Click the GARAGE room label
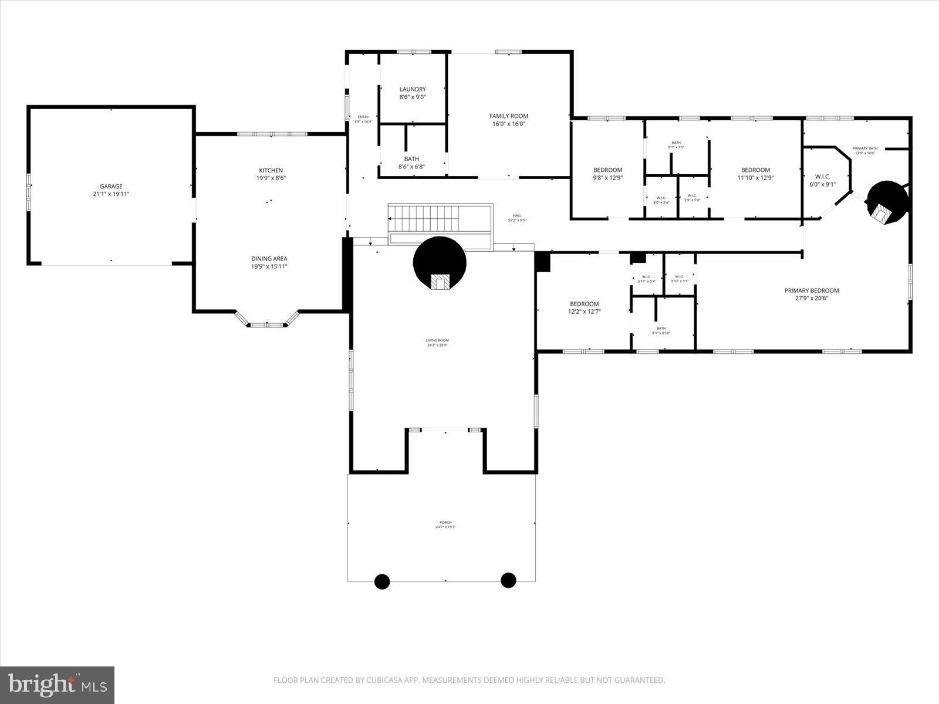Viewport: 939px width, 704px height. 111,187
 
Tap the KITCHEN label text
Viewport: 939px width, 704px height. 271,171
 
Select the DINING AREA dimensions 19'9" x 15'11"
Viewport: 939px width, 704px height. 269,266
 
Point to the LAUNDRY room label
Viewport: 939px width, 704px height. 412,90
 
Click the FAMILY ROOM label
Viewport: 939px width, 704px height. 509,116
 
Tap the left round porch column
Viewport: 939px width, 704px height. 382,581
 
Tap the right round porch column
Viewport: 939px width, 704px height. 508,580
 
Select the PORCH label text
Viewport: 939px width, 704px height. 445,523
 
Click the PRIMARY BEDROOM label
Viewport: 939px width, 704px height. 811,290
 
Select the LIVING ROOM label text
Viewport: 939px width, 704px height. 437,340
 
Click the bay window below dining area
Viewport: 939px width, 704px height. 268,323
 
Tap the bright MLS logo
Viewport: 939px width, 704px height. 58,684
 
